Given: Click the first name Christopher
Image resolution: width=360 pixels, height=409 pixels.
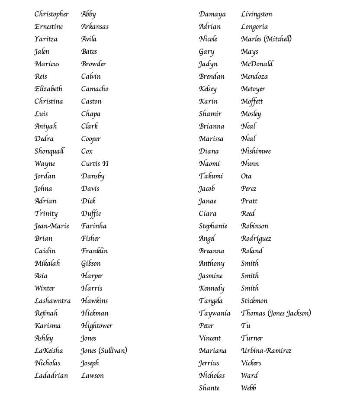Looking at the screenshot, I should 51,14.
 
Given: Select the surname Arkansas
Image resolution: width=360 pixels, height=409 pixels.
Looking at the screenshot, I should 95,26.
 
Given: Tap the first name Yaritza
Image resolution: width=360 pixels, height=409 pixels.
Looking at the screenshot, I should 46,39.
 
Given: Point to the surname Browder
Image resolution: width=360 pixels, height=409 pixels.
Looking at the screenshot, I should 93,64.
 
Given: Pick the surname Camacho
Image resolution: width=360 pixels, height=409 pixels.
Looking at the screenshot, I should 95,89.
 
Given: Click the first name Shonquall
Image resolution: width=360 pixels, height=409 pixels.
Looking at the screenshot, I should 49,151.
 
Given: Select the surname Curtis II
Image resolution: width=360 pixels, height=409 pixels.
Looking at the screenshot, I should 95,164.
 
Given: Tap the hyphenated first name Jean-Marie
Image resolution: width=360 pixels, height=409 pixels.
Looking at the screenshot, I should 51,226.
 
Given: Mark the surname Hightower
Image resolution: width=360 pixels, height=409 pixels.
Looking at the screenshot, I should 96,325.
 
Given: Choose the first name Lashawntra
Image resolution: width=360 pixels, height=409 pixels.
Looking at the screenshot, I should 52,300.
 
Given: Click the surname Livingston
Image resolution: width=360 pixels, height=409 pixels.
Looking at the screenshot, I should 257,14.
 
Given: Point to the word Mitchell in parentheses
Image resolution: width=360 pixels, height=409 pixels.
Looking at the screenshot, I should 278,39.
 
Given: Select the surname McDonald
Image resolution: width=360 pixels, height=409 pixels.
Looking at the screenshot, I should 257,64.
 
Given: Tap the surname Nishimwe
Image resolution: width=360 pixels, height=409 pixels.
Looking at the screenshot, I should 256,151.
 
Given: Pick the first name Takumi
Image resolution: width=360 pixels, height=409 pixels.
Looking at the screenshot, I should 211,176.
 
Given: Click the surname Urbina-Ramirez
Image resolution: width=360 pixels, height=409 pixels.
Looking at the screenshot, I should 266,351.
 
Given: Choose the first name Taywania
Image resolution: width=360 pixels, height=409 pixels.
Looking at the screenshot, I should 215,313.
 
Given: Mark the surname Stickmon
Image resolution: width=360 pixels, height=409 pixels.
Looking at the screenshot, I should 254,300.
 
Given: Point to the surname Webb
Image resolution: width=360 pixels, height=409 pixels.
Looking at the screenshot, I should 248,388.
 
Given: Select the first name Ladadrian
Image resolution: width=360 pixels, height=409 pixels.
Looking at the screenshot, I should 51,375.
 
